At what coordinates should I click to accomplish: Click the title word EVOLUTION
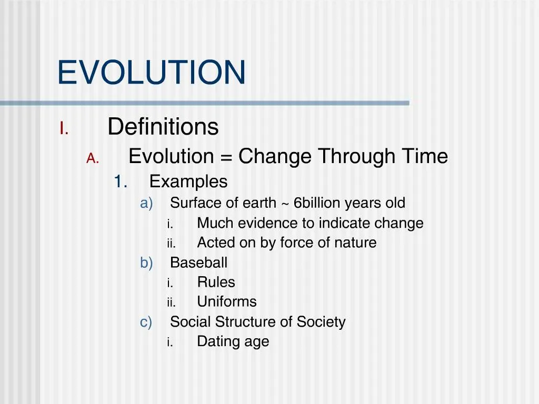(151, 72)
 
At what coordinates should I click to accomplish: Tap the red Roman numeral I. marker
(64, 128)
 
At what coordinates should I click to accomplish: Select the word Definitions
(163, 126)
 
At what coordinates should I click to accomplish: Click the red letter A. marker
(93, 158)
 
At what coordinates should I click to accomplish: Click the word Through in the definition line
(357, 157)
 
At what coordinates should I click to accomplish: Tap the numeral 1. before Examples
(121, 181)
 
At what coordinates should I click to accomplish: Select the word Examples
(188, 181)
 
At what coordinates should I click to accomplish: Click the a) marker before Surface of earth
(146, 204)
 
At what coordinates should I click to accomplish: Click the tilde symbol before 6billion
(285, 204)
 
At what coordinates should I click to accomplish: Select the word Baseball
(198, 262)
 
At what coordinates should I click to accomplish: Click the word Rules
(216, 282)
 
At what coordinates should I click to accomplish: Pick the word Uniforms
(227, 301)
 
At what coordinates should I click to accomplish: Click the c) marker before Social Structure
(146, 322)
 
